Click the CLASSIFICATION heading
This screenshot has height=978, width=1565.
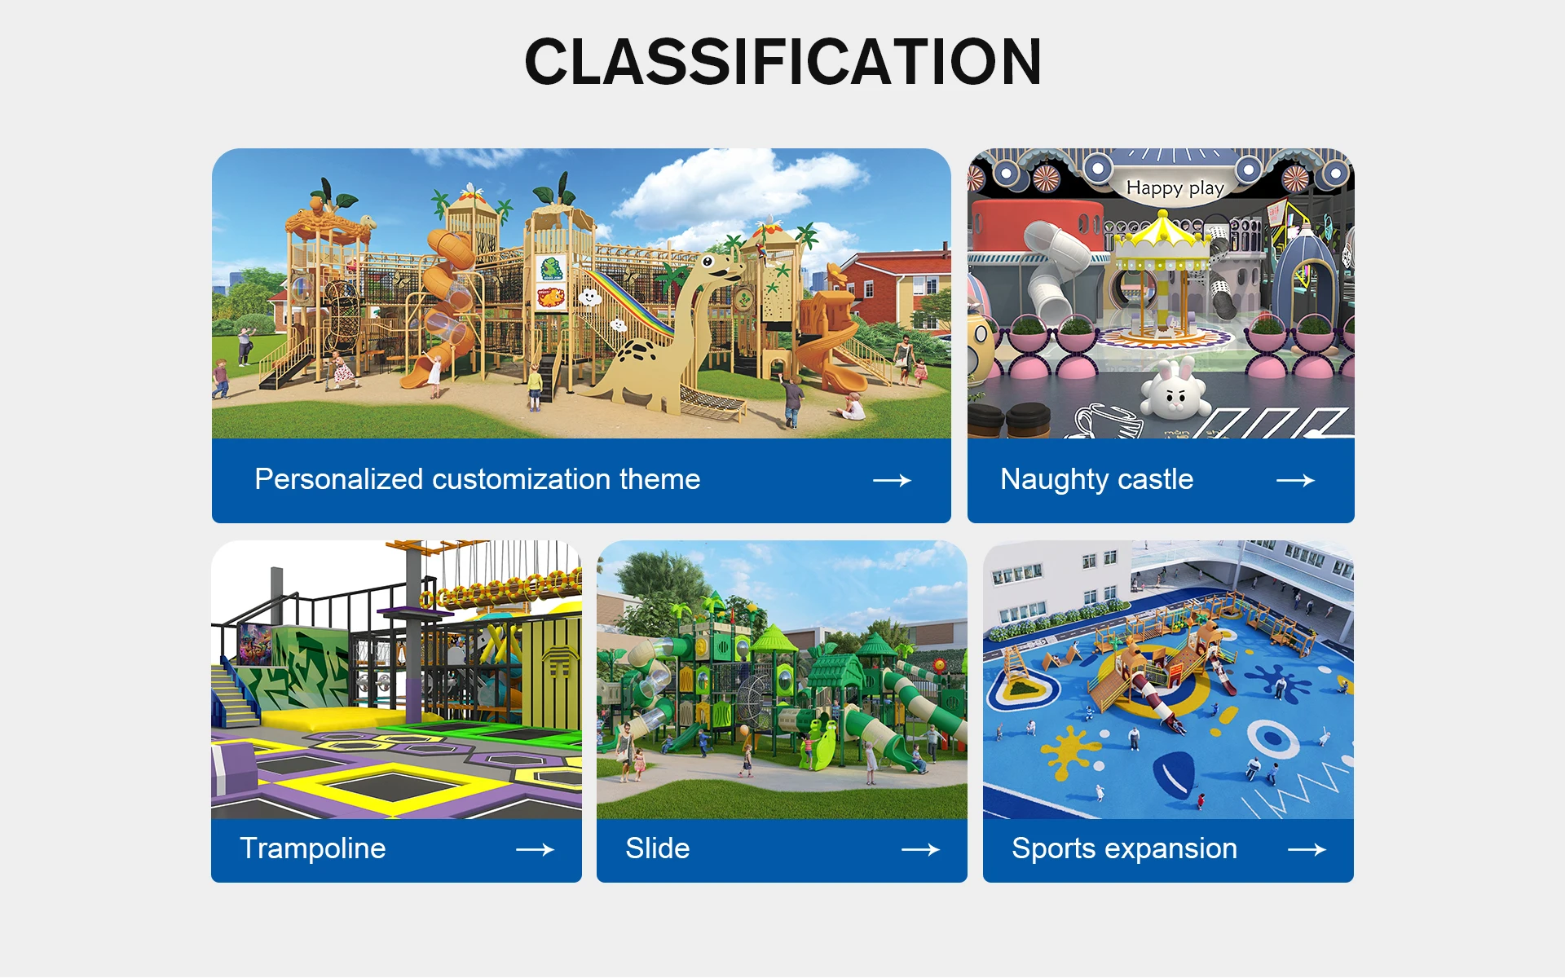(782, 61)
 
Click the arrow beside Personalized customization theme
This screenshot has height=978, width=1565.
(892, 481)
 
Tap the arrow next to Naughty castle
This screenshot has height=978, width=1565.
(1295, 481)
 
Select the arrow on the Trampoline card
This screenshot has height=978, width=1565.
(535, 850)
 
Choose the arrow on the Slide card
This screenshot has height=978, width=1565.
(920, 850)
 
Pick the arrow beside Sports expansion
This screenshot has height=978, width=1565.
(1307, 850)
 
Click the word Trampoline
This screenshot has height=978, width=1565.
(313, 848)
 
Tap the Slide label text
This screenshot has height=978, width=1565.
(658, 848)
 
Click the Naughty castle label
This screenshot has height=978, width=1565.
(1096, 480)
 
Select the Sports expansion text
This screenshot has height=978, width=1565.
(1125, 849)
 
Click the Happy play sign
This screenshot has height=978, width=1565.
(1175, 188)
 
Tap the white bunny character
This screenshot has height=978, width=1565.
(1174, 390)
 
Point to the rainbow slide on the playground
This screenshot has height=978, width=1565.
(632, 302)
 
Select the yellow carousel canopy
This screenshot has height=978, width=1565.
(1162, 232)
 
